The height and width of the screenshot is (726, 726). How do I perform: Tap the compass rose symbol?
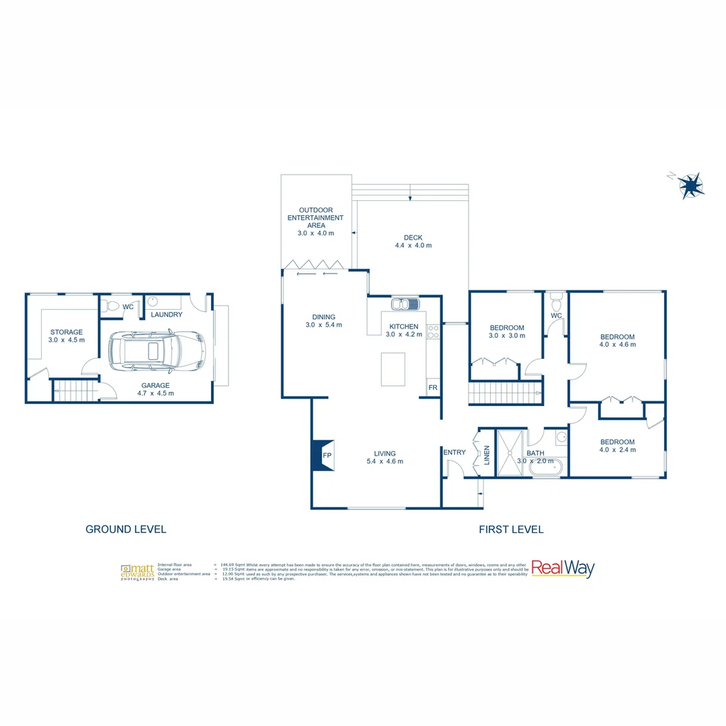coord(690,184)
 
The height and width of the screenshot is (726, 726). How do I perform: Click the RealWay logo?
coord(563,569)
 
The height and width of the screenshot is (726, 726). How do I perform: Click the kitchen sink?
coord(405,305)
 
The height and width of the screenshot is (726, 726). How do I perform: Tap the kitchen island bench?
coord(393,369)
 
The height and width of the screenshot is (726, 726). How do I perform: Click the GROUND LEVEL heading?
coord(126,529)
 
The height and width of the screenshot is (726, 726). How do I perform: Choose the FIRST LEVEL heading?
coord(511,529)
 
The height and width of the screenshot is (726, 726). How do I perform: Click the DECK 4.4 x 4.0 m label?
coord(413,241)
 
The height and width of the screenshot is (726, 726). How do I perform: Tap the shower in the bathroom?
coord(511,452)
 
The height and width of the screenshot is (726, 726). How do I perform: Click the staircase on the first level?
coord(503,392)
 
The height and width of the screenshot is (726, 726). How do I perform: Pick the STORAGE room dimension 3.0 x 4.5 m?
coord(67,340)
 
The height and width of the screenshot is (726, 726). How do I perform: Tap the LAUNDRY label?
coord(167,315)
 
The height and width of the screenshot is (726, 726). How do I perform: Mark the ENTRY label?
coord(454,452)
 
